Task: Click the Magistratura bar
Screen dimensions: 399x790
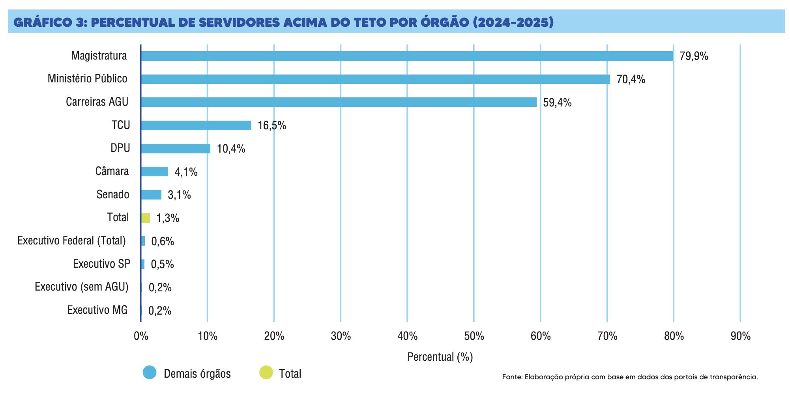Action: pos(406,56)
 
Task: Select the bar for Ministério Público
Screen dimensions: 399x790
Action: pos(375,79)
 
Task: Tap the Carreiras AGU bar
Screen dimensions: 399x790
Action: pos(339,102)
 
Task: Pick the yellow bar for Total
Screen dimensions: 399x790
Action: pos(146,218)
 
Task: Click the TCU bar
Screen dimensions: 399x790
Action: pos(196,125)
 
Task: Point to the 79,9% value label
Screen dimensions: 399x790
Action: pos(694,56)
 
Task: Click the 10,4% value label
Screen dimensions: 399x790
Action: pos(231,149)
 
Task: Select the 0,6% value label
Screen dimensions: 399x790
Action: pos(163,241)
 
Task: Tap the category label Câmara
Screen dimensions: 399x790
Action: pos(112,172)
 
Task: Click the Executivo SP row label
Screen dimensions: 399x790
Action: pos(101,264)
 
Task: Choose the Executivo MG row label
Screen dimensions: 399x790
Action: pos(97,310)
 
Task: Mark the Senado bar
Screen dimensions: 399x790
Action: pos(151,195)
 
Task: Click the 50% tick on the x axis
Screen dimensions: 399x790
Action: pos(474,336)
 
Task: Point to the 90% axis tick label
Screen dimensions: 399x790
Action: pos(740,336)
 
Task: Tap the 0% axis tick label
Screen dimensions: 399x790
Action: pos(141,336)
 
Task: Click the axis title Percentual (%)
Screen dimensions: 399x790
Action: pos(440,357)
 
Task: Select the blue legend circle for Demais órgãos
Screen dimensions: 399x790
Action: pos(150,373)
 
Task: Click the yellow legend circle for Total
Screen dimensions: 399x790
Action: pos(266,373)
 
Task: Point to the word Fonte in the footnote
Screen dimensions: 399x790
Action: pos(511,377)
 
